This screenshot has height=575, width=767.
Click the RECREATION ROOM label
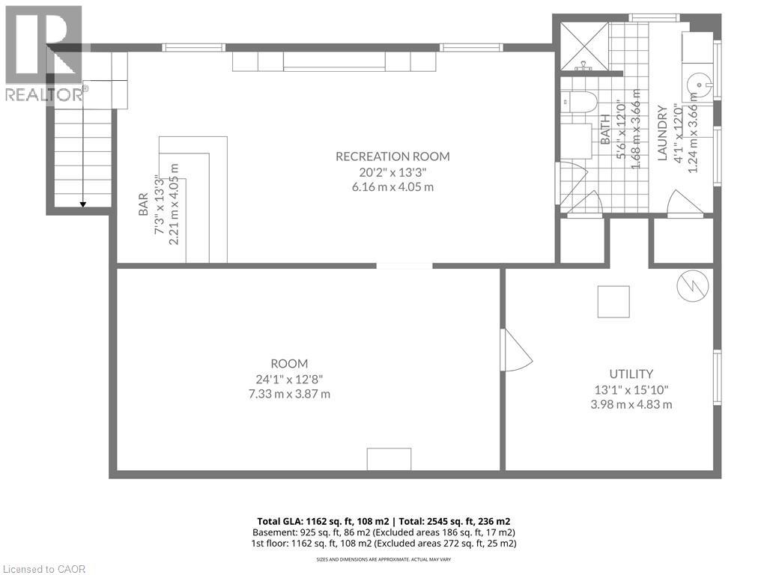click(x=392, y=156)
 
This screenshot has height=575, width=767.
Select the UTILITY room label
click(x=631, y=374)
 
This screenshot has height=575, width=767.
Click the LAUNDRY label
click(x=662, y=133)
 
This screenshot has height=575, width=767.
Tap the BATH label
click(x=605, y=129)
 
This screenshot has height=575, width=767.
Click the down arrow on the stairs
click(x=82, y=203)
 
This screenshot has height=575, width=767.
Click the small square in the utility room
click(x=612, y=302)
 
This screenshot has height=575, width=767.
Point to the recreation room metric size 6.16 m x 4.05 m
click(x=392, y=186)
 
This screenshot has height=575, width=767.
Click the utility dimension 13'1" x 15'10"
click(x=631, y=389)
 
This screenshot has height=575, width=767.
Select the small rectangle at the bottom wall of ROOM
click(x=389, y=459)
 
